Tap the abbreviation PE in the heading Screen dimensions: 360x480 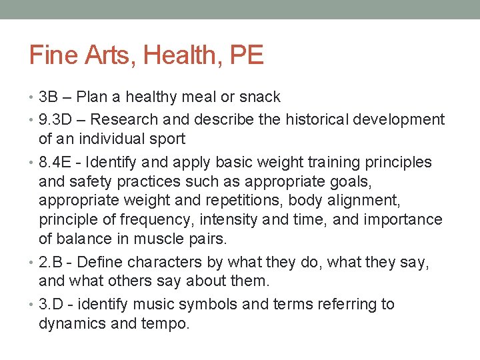pyautogui.click(x=247, y=55)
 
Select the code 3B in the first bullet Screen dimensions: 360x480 pyautogui.click(x=49, y=97)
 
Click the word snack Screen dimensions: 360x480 pyautogui.click(x=259, y=97)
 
